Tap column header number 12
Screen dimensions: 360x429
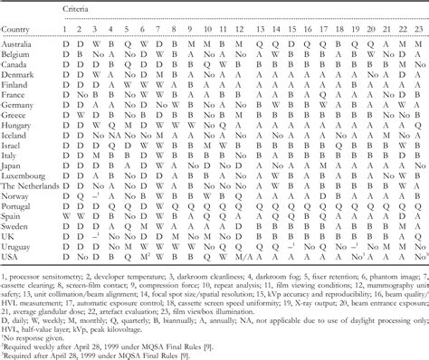pos(237,27)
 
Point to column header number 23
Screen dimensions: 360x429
pos(416,27)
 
